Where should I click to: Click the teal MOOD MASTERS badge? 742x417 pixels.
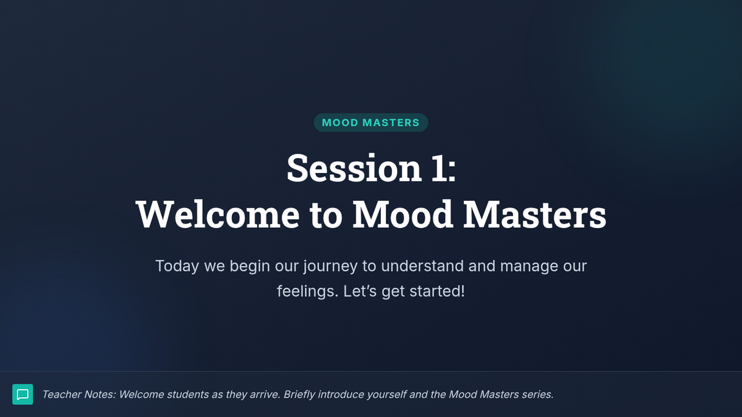click(x=370, y=122)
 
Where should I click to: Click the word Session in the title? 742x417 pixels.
click(x=354, y=168)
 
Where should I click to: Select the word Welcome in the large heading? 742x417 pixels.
click(x=218, y=214)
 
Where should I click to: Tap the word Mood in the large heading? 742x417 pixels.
click(x=403, y=214)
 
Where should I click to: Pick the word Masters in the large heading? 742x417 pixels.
click(x=535, y=214)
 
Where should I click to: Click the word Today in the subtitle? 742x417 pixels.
click(x=177, y=266)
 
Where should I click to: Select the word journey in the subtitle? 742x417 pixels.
click(x=330, y=266)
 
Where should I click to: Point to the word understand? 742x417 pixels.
click(x=422, y=266)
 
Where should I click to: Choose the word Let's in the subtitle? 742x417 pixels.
click(x=360, y=291)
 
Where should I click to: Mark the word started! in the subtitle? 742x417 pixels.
click(x=437, y=291)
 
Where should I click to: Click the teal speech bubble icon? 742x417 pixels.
click(x=22, y=394)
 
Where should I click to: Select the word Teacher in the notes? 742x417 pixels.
click(x=62, y=395)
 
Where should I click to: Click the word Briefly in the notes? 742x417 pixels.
click(x=299, y=395)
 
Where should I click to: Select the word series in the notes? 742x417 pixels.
click(x=537, y=395)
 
